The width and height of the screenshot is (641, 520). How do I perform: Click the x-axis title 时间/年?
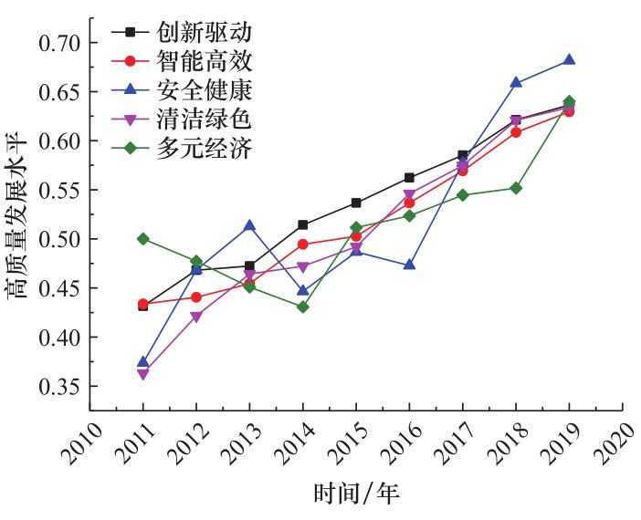[x=357, y=494]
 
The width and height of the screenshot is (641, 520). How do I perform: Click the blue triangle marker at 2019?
[x=569, y=60]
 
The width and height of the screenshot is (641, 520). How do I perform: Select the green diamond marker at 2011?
[x=143, y=238]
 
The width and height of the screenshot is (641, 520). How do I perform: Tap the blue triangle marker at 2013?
[x=249, y=225]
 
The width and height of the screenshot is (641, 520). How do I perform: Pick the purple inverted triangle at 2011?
[x=143, y=374]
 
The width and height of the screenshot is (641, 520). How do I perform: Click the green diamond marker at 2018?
[x=516, y=188]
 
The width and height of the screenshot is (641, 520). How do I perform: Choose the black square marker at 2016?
[x=409, y=178]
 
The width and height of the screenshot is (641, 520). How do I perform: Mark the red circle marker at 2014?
[x=303, y=244]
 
